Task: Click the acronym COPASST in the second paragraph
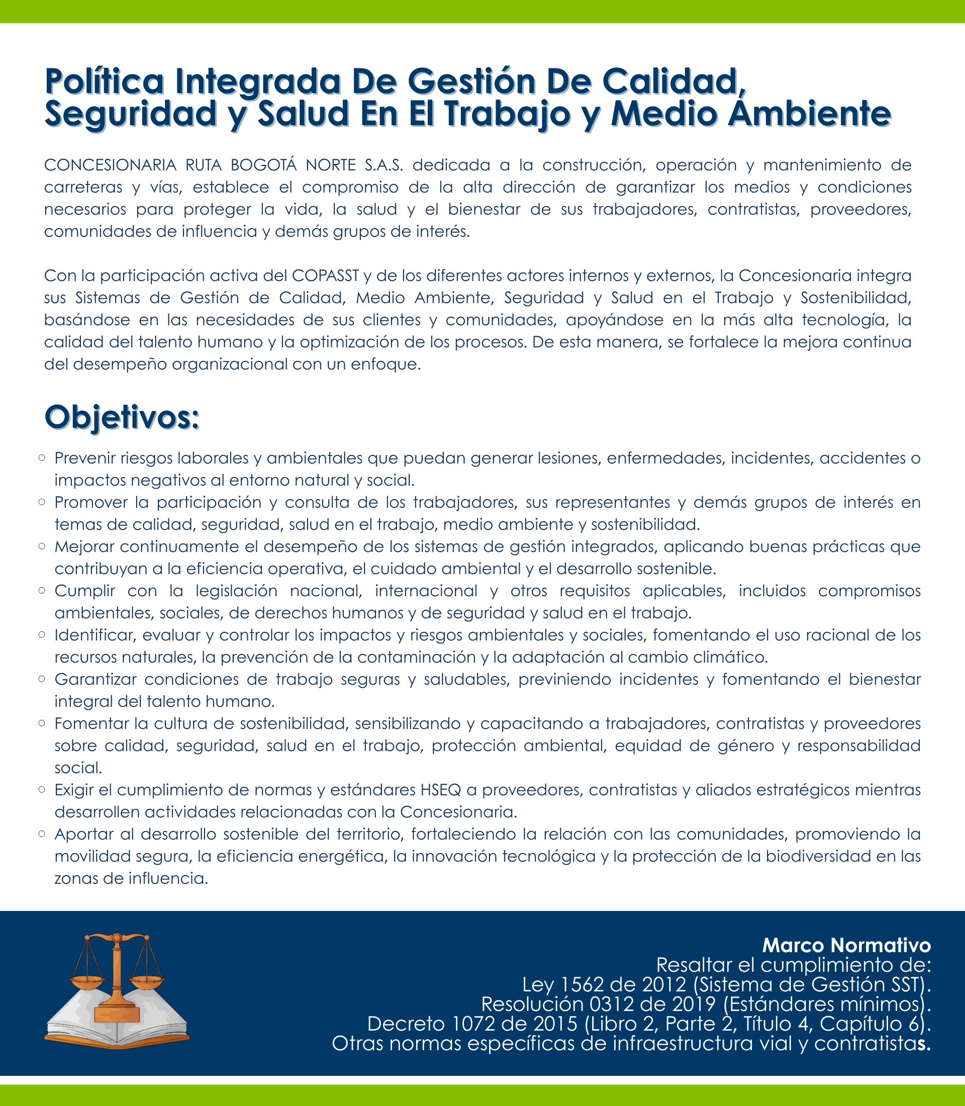pyautogui.click(x=325, y=275)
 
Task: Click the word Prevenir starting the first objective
pyautogui.click(x=85, y=458)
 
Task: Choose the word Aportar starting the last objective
pyautogui.click(x=83, y=834)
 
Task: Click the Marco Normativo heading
pyautogui.click(x=846, y=945)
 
